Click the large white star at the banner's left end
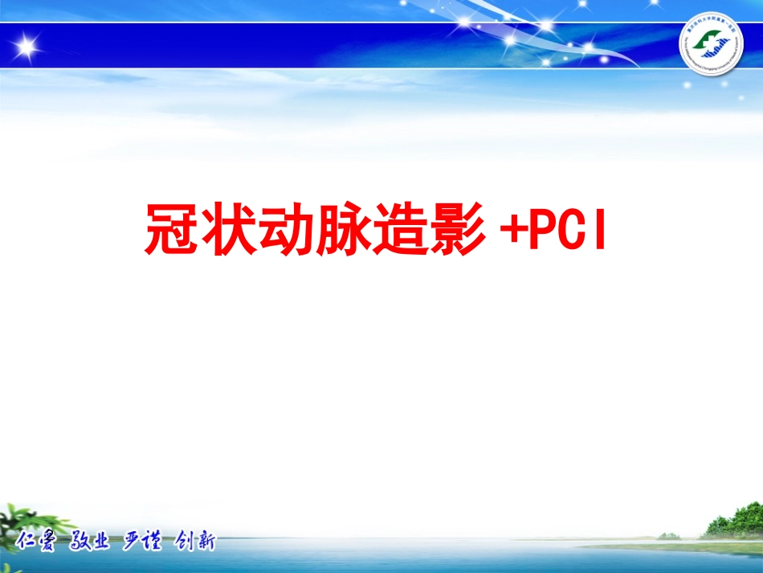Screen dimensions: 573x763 [27, 47]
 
